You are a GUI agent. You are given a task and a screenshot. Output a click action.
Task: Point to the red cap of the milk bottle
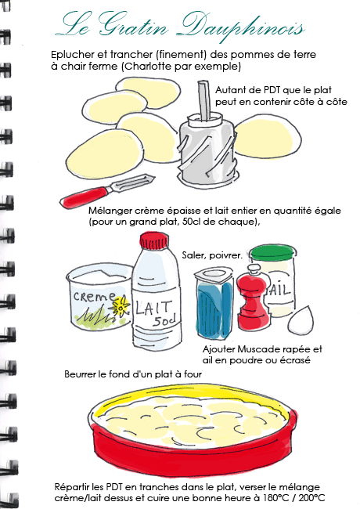pos(154,241)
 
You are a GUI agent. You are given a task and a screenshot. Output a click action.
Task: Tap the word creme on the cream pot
pos(95,296)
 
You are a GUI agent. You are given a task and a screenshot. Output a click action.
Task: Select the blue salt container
pos(214,303)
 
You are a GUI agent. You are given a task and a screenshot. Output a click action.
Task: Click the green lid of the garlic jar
pos(273,254)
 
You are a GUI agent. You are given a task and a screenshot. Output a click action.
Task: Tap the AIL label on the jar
pos(279,289)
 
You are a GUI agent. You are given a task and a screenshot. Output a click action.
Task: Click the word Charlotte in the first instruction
pos(148,67)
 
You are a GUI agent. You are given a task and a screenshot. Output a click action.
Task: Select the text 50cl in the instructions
pos(190,222)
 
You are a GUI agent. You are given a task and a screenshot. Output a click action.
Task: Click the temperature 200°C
pos(311,498)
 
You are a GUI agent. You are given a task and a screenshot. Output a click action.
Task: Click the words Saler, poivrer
pos(212,255)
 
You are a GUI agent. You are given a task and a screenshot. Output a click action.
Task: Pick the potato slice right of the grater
pos(268,137)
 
